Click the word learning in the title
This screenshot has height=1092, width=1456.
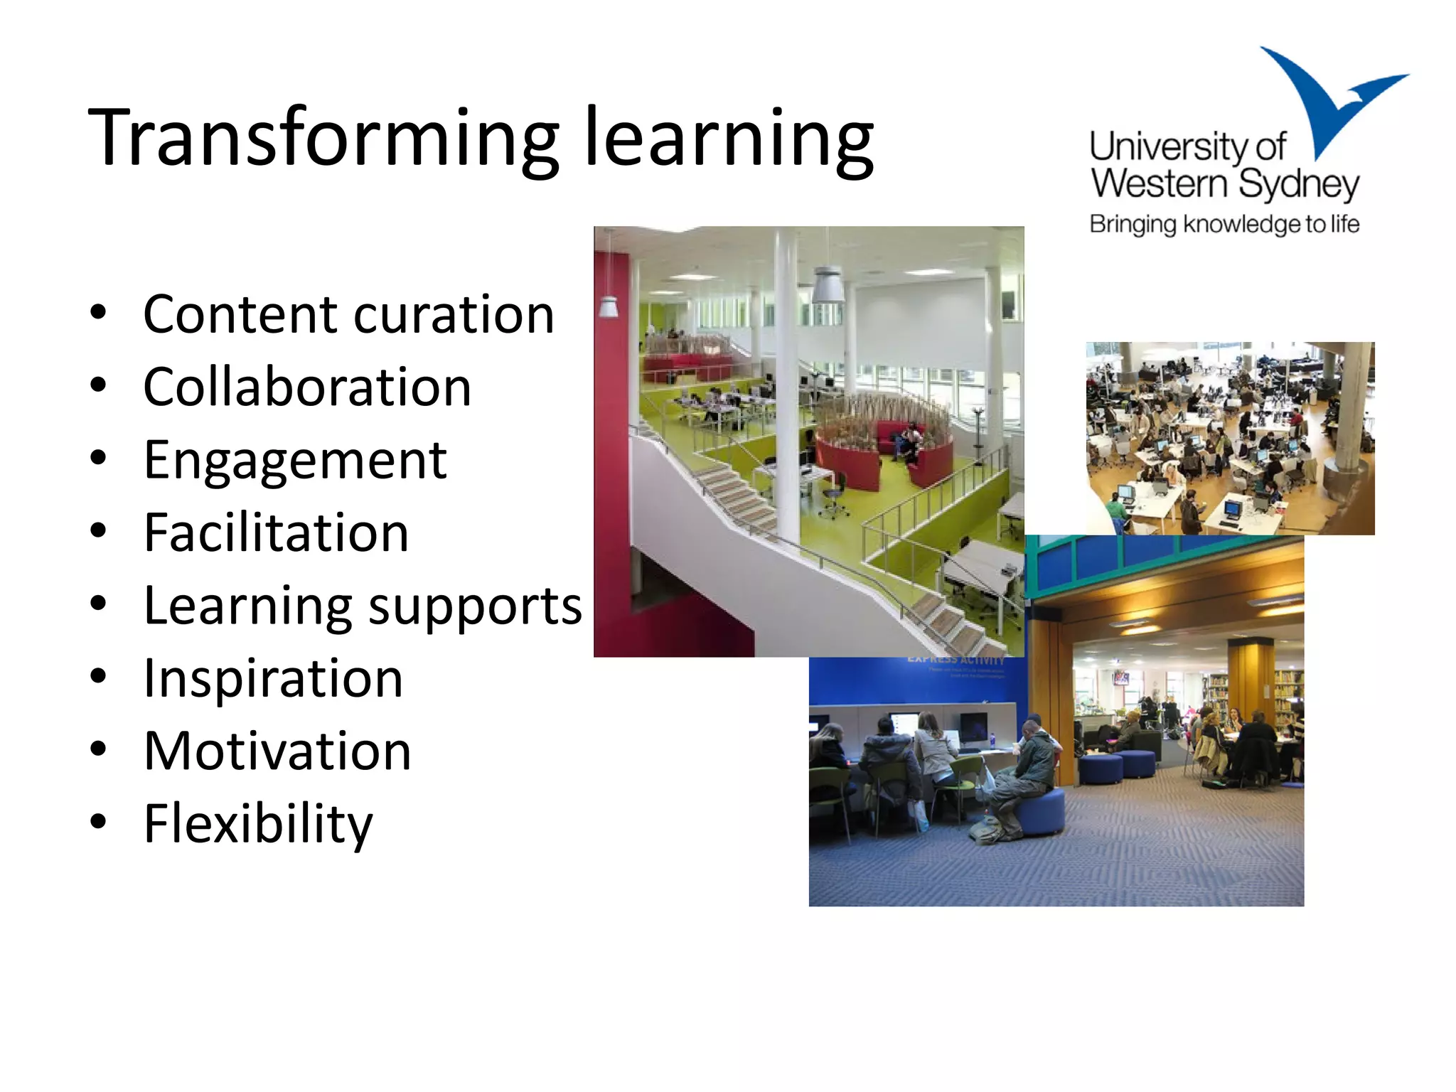click(729, 139)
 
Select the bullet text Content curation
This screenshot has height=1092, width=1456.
click(348, 314)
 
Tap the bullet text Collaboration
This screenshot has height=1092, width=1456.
click(307, 387)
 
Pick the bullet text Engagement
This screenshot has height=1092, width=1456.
click(295, 461)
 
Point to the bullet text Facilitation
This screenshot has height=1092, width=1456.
click(276, 533)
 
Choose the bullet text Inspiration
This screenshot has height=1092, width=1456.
click(273, 679)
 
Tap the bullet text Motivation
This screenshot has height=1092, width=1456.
click(277, 751)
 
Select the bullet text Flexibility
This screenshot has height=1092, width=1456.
click(257, 825)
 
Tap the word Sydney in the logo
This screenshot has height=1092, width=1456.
click(1298, 185)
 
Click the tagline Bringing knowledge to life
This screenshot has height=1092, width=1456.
click(1224, 225)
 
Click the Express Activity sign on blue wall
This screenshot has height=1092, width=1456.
click(956, 661)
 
